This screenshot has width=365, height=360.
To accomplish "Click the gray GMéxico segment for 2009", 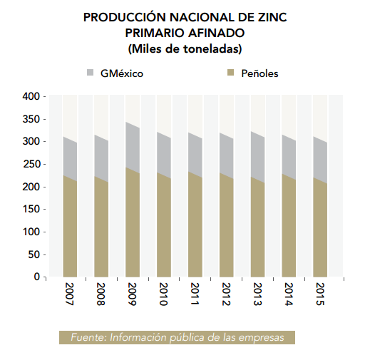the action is (133, 148).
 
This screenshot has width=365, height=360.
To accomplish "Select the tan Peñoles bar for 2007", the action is (70, 226).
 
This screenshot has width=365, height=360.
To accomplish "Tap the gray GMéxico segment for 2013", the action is (257, 157).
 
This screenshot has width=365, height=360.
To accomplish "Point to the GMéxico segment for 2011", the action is (195, 155).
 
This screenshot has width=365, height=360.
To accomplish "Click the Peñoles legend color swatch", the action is (231, 73).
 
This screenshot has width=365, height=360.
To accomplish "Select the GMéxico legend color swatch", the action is (91, 73).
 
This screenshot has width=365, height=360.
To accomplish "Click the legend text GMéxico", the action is (122, 73).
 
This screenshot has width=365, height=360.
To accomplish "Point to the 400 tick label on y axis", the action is (31, 96).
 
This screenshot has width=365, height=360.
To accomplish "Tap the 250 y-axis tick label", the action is (31, 164).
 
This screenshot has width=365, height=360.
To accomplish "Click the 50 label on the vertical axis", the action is (34, 254).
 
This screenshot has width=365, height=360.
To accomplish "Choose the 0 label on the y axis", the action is (37, 277).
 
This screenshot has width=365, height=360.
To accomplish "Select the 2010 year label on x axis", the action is (163, 294).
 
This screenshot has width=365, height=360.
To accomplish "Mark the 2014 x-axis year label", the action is (288, 294).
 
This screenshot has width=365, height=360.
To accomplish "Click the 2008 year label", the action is (101, 294).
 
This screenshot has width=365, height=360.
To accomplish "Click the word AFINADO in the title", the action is (216, 33).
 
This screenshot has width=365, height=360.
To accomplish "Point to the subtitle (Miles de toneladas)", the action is (185, 49).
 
